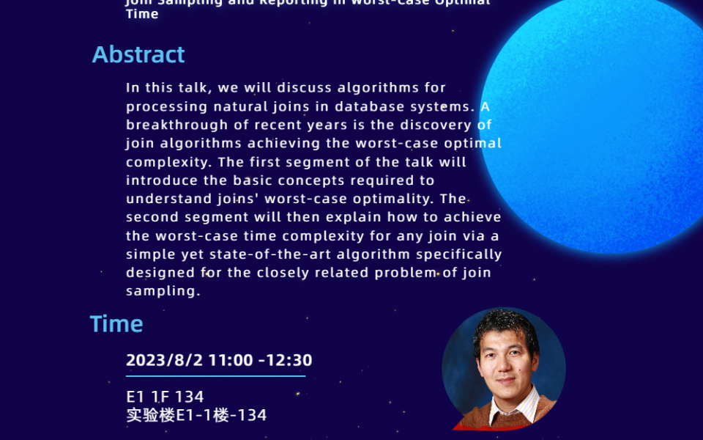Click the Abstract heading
pos(138,55)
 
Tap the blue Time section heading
pos(116,324)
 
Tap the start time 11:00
pos(231,360)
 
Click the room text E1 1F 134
pos(165,397)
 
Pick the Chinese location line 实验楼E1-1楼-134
pos(196,415)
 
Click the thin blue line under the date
pos(215,376)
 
